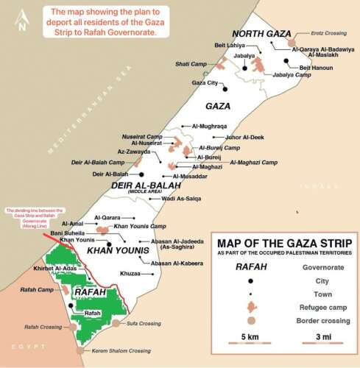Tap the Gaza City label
(x=205, y=83)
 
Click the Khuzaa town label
(x=130, y=273)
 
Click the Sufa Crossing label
(x=144, y=323)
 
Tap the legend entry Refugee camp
(x=323, y=308)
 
